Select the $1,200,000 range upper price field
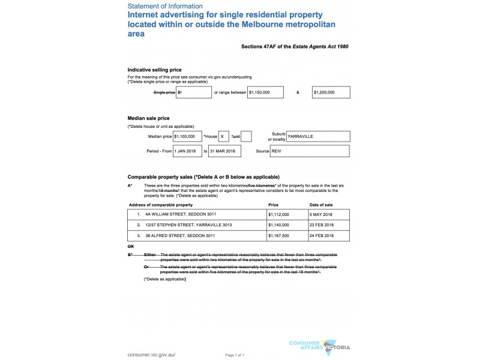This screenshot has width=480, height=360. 331,92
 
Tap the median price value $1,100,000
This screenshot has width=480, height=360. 187,137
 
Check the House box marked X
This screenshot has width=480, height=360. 224,137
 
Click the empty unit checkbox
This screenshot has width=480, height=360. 246,137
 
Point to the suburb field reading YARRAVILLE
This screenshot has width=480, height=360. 318,137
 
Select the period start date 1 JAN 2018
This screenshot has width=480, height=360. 187,151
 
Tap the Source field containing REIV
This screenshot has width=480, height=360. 310,151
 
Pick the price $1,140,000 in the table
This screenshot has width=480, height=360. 278,225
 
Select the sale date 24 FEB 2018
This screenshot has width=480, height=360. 322,236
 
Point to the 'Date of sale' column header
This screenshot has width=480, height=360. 321,205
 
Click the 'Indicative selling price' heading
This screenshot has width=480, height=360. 154,70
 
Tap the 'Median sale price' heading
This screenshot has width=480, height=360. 148,118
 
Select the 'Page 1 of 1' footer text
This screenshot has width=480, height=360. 235,355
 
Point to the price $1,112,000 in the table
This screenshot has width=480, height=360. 278,214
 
